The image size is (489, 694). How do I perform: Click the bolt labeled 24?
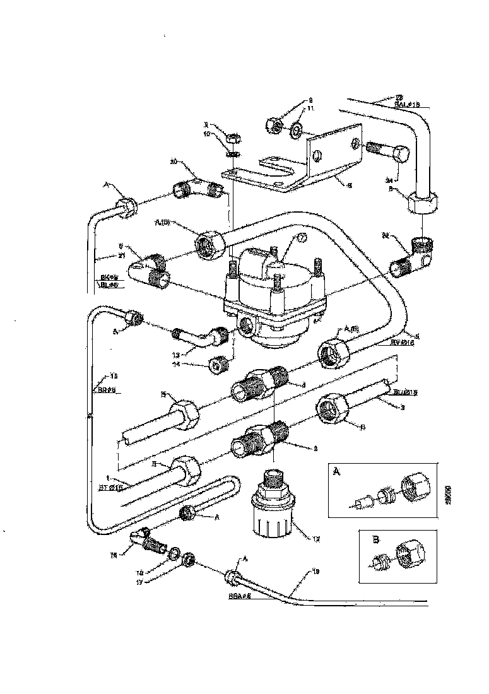pos(386,151)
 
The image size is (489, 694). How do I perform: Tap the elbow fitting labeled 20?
pos(198,187)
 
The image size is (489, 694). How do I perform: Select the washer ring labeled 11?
pos(295,131)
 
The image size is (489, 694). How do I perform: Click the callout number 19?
pos(315,571)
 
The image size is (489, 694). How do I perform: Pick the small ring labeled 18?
pos(172,555)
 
